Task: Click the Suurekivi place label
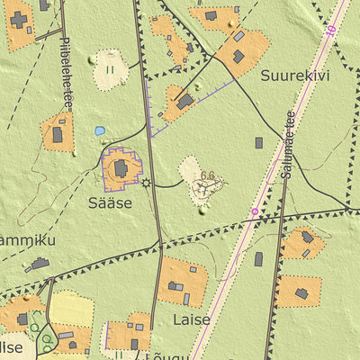pos(295,76)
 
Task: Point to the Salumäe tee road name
pos(286,143)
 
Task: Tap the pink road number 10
pos(331,30)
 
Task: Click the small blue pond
pos(99,130)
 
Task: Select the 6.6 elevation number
pos(209,175)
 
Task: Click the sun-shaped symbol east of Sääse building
pos(147,183)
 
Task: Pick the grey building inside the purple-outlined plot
pos(121,168)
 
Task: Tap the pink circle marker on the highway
pos(254,212)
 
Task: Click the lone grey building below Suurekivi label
pos(258,142)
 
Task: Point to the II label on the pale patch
pos(110,68)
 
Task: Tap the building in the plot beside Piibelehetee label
pos(58,134)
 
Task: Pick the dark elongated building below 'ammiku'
pos(40,264)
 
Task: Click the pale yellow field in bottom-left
pos(70,309)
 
